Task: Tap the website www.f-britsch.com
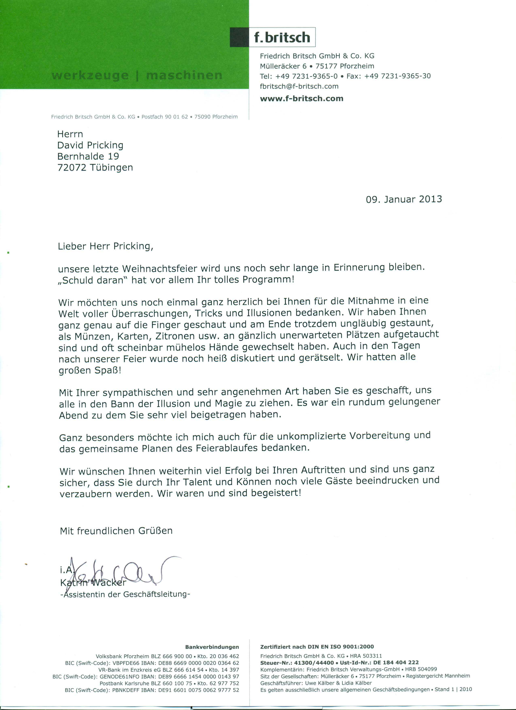[302, 98]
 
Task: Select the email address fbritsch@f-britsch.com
[299, 86]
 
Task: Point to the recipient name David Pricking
[90, 145]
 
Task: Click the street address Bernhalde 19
[88, 156]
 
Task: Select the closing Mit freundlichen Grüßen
[116, 531]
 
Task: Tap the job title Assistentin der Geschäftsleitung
[125, 594]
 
